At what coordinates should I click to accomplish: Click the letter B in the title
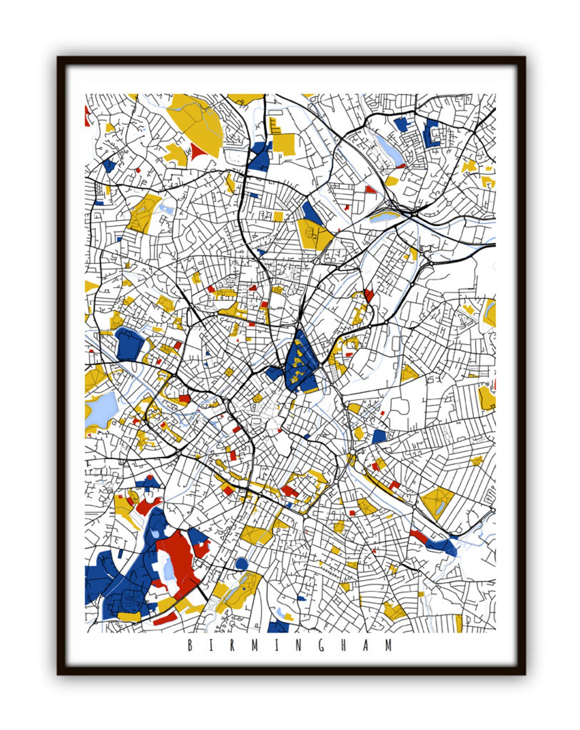point(190,645)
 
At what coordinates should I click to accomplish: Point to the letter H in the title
point(344,645)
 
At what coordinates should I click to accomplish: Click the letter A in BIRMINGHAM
point(366,645)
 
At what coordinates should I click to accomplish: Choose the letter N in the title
point(299,645)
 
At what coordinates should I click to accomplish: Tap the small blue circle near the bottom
point(241,563)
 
